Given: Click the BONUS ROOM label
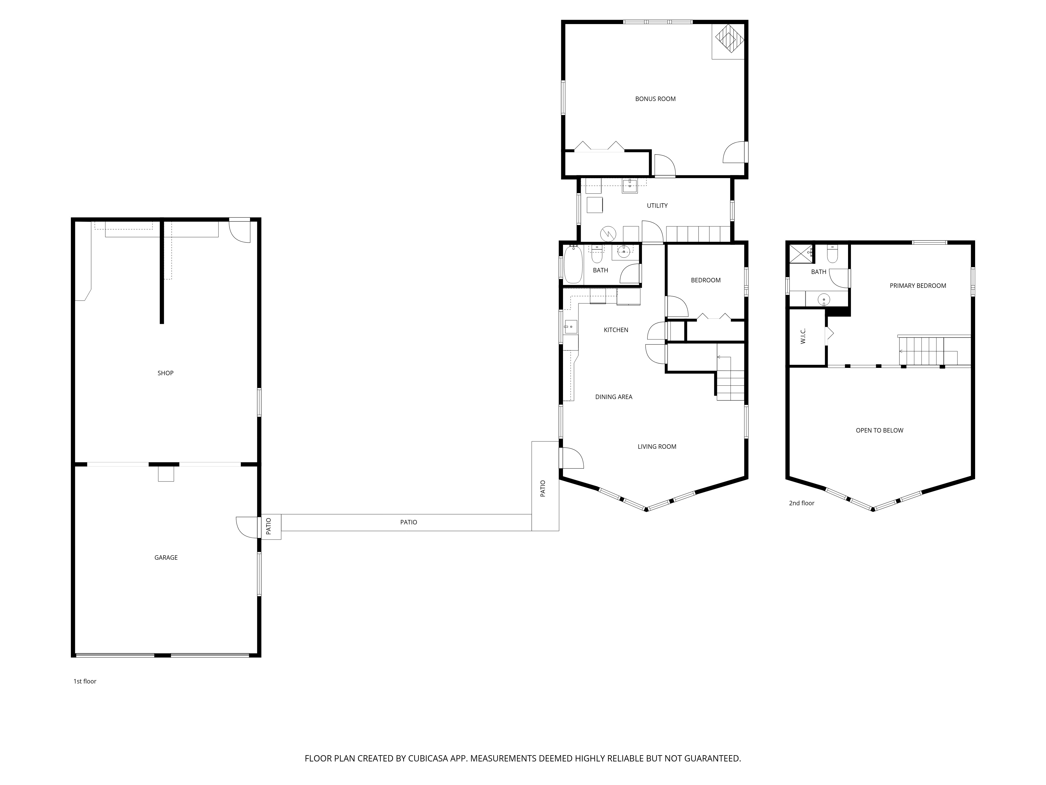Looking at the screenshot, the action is (655, 99).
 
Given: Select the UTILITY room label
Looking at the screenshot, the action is (657, 205).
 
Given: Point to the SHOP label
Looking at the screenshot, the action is (166, 373).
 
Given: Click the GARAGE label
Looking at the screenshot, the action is (166, 557).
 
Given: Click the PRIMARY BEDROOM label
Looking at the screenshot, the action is (918, 286).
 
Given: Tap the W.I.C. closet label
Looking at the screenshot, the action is (803, 337).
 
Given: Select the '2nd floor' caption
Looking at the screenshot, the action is (801, 503).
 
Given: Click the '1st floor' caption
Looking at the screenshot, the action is (85, 681).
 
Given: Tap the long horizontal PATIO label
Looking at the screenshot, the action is (408, 522).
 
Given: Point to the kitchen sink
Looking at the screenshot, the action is (571, 327).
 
